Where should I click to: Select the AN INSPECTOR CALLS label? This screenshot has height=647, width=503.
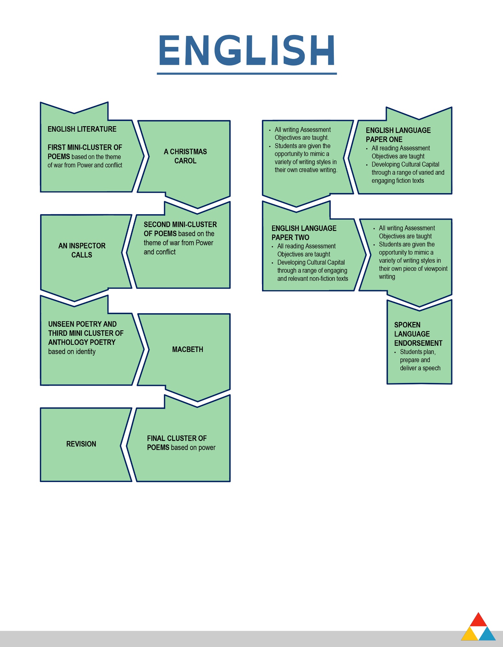tap(82, 250)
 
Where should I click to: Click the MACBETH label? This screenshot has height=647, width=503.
tap(188, 349)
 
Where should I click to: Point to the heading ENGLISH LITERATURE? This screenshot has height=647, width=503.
tap(82, 129)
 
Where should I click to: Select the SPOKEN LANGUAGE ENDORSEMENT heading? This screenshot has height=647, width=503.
tap(418, 334)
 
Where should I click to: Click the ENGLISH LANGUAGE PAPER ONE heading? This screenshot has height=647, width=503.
tap(398, 135)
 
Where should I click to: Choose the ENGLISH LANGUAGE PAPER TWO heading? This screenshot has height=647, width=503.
tap(304, 233)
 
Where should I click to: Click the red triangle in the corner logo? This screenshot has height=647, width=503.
tap(478, 619)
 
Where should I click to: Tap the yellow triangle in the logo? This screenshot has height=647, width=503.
tap(469, 635)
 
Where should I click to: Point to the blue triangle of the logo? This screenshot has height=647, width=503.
tap(487, 635)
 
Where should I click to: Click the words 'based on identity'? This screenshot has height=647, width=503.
tap(72, 352)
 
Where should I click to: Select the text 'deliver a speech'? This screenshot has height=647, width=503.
tap(420, 368)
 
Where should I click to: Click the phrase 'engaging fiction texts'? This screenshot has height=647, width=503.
tap(398, 181)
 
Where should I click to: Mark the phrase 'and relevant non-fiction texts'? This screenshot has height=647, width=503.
tap(312, 279)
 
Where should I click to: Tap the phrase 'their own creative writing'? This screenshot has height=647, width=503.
tap(306, 170)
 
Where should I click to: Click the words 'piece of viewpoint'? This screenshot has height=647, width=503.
tap(425, 269)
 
